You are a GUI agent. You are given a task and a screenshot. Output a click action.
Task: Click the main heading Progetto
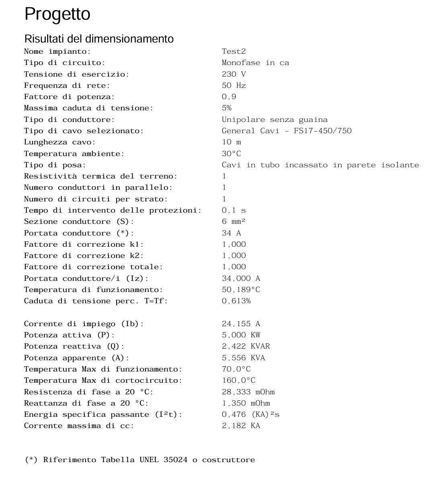click(x=57, y=14)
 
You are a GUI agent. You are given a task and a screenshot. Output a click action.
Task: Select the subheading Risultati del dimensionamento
click(x=99, y=39)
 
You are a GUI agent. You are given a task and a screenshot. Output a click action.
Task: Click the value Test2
click(x=233, y=51)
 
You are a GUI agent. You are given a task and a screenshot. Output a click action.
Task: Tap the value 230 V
click(x=233, y=74)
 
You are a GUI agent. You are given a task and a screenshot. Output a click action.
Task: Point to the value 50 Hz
click(x=233, y=85)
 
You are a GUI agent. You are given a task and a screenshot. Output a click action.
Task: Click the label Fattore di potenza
click(x=69, y=97)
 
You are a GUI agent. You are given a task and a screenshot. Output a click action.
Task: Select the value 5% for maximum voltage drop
click(x=227, y=108)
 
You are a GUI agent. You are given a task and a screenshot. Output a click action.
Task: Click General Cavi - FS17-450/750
click(x=287, y=131)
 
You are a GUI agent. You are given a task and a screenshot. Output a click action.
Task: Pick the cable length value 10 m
click(x=231, y=142)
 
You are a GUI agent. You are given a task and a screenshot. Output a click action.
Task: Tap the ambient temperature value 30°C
click(x=231, y=154)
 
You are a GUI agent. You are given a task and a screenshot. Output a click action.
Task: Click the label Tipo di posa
click(x=55, y=165)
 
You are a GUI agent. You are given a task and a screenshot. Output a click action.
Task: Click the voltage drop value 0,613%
click(x=236, y=301)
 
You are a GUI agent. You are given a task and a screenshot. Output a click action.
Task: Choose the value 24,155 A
click(x=241, y=324)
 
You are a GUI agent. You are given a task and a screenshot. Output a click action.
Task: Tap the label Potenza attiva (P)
click(x=69, y=335)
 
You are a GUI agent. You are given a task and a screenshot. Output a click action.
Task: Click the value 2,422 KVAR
click(x=246, y=346)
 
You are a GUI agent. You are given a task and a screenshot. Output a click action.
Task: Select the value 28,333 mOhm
click(x=248, y=392)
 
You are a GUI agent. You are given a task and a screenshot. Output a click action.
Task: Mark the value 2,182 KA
click(x=241, y=426)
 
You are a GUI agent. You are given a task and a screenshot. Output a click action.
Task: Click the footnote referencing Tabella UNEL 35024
click(x=140, y=460)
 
